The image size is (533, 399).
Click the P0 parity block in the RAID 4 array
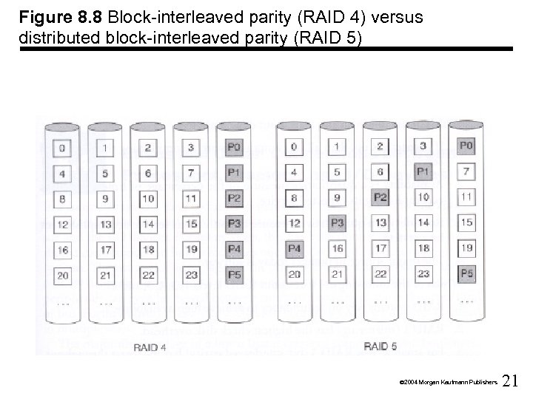click(x=233, y=148)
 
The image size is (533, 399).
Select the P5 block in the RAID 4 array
click(x=233, y=275)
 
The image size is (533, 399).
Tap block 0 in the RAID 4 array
click(x=61, y=148)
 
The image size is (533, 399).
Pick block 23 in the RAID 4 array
click(x=190, y=275)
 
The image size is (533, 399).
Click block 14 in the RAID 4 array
click(x=147, y=224)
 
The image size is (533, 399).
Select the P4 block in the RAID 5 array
click(x=295, y=248)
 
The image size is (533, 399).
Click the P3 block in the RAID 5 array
click(x=338, y=222)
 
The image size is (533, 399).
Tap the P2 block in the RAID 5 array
click(x=381, y=197)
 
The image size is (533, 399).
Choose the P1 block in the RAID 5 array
click(x=423, y=171)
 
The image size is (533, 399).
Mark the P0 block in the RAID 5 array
click(x=466, y=146)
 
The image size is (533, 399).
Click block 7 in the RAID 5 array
click(x=466, y=171)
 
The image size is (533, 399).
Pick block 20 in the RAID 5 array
click(x=295, y=274)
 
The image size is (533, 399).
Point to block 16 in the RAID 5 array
click(x=338, y=248)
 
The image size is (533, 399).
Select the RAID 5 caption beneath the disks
click(x=381, y=345)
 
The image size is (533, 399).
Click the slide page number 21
click(x=510, y=381)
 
